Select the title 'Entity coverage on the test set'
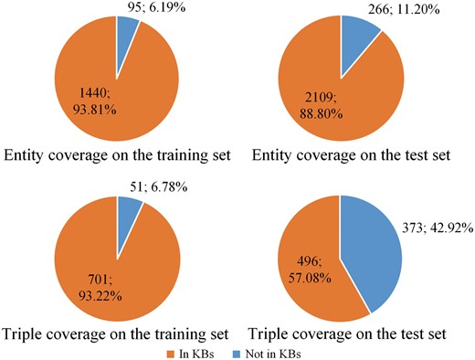[x=352, y=154]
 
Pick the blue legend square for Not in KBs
[x=237, y=350]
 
